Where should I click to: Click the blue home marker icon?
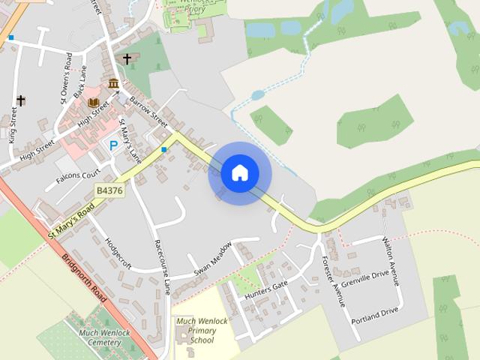pyautogui.click(x=240, y=173)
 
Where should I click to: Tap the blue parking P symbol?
pyautogui.click(x=113, y=145)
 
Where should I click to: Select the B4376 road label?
pyautogui.click(x=109, y=191)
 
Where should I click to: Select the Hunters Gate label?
pyautogui.click(x=266, y=286)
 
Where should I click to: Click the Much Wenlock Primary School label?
pyautogui.click(x=202, y=330)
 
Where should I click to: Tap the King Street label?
pyautogui.click(x=13, y=124)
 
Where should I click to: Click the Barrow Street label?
pyautogui.click(x=148, y=109)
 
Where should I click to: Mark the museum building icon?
pyautogui.click(x=113, y=83)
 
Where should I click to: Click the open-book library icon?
pyautogui.click(x=94, y=102)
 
